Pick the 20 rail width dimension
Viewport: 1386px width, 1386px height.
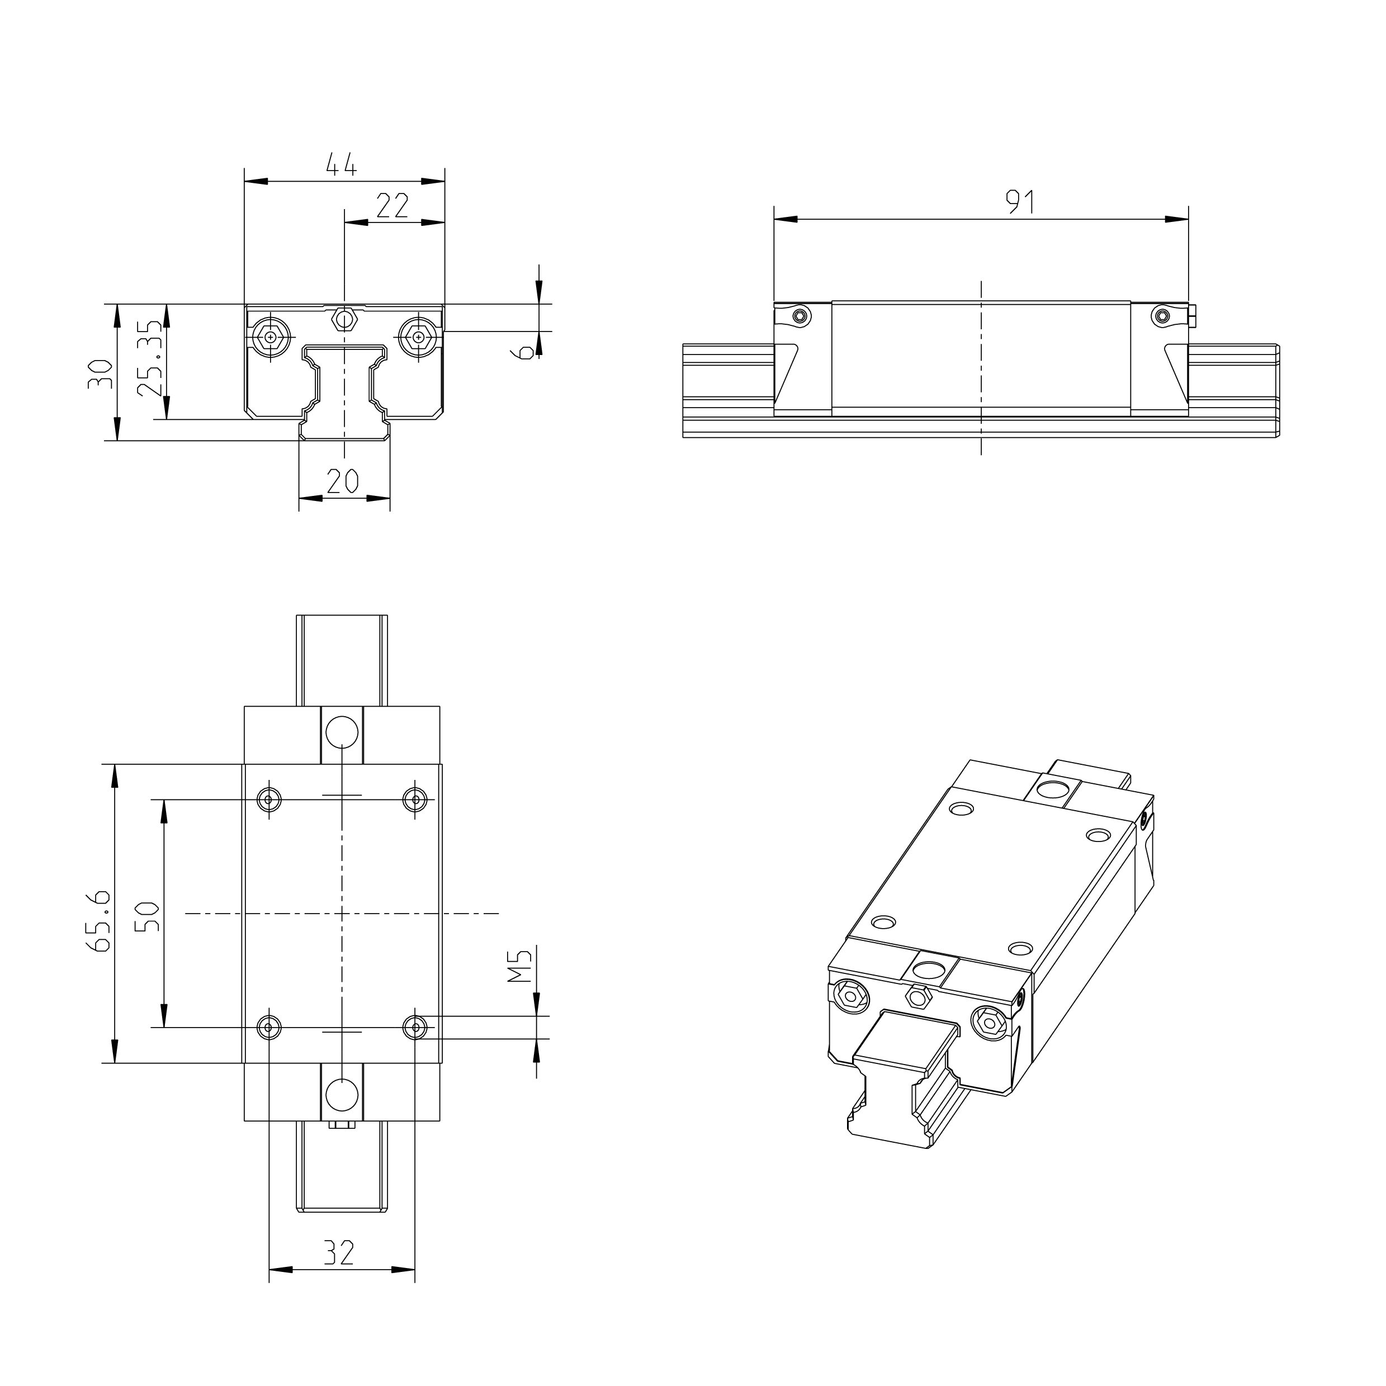click(x=343, y=481)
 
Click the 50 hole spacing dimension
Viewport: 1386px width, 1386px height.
click(x=148, y=916)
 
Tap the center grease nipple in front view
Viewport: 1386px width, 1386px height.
click(x=345, y=318)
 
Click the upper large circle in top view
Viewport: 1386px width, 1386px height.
click(x=342, y=732)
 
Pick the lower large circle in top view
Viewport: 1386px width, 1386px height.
click(x=342, y=1095)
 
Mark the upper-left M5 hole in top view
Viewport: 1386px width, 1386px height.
click(x=269, y=799)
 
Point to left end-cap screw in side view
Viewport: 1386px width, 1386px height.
click(x=800, y=316)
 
